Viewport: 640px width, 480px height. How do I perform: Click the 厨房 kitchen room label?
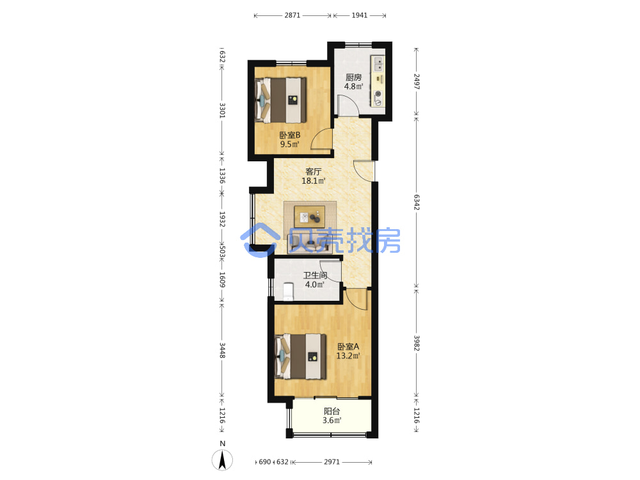pos(353,77)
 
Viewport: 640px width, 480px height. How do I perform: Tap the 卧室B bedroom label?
pos(290,135)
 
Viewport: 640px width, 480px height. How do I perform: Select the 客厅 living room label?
pos(314,172)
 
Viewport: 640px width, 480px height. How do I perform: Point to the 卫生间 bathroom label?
pos(315,275)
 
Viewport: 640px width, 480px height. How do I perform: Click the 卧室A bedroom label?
pos(348,347)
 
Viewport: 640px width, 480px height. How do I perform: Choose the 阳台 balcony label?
pos(332,412)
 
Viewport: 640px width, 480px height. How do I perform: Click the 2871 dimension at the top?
pos(292,15)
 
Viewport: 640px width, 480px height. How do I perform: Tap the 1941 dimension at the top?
pos(360,15)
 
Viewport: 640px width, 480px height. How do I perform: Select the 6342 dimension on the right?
pos(417,202)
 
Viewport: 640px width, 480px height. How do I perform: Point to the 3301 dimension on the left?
pos(223,110)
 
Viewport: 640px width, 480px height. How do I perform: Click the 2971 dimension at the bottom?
pos(332,462)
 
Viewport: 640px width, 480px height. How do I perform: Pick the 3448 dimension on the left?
pos(223,350)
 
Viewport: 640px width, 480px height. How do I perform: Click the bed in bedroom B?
pos(280,100)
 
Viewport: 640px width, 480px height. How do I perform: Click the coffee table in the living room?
pos(310,217)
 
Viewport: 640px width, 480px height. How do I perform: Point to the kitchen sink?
pos(379,63)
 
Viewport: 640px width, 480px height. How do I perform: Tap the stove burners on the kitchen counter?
pos(378,97)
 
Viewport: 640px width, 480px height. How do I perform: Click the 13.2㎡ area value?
pos(348,356)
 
